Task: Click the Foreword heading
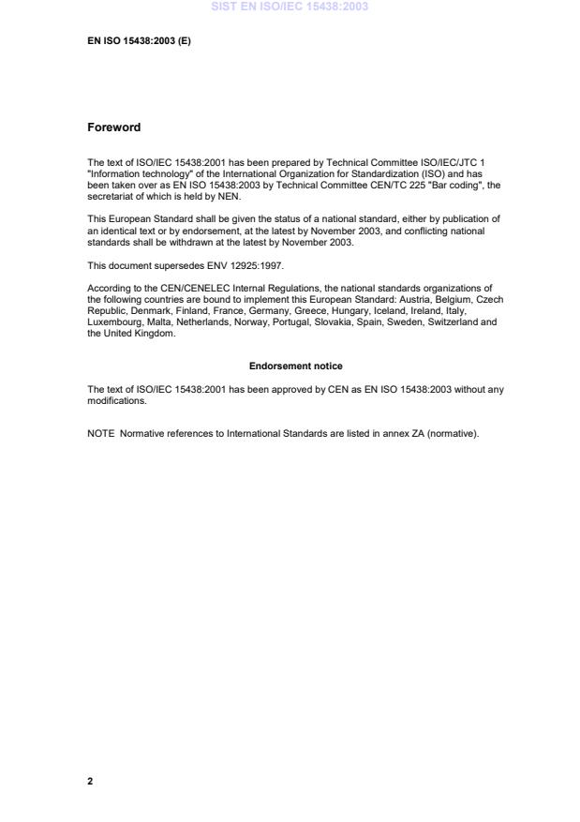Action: click(x=113, y=127)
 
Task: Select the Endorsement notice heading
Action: click(x=295, y=366)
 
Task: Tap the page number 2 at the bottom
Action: click(x=90, y=781)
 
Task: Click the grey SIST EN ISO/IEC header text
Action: click(x=290, y=7)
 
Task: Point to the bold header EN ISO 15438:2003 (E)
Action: click(x=139, y=42)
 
